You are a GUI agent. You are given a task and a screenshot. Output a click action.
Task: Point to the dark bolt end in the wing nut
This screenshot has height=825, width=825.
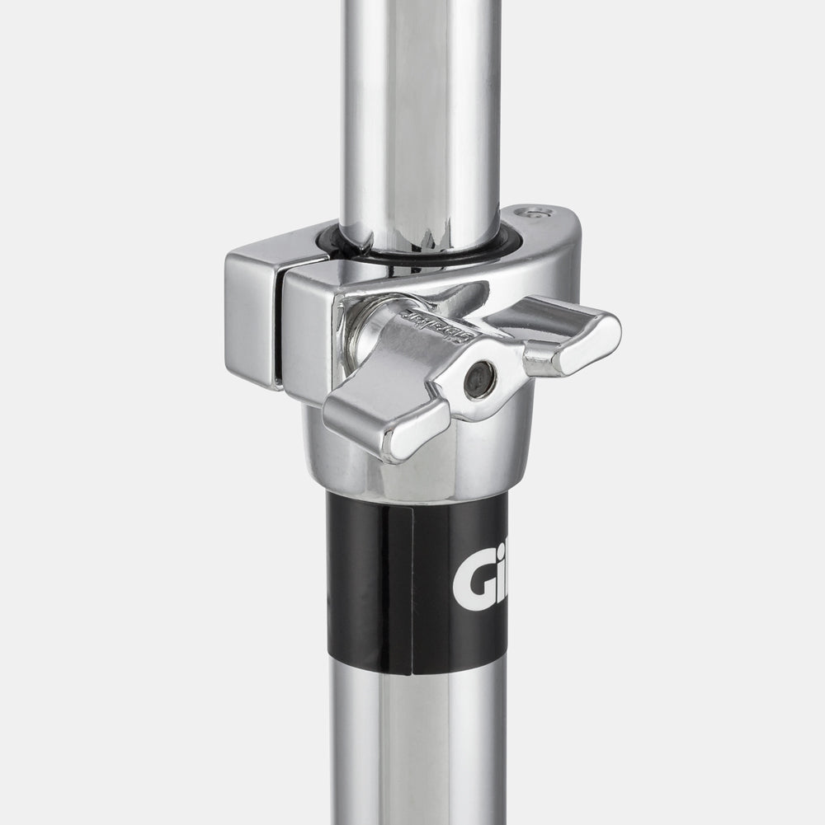479,380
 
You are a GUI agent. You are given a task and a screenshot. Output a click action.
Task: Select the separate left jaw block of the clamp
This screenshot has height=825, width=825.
252,317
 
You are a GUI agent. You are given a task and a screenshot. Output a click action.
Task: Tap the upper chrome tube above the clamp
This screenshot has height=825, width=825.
421,107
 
